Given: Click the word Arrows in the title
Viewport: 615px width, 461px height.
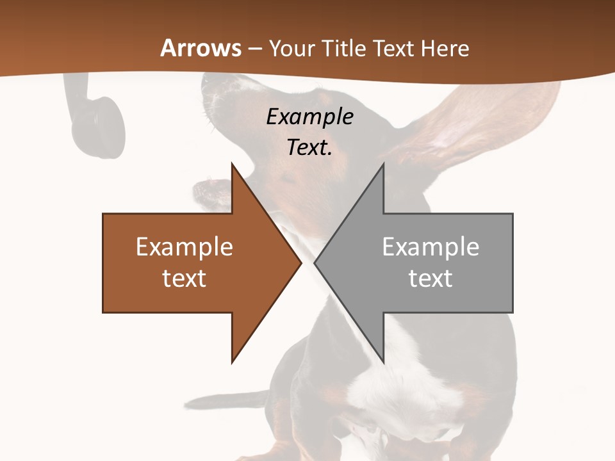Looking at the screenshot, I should pos(201,48).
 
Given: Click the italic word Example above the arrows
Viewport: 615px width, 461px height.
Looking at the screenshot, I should pos(309,117).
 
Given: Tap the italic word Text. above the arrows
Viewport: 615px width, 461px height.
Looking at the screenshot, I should pos(309,147).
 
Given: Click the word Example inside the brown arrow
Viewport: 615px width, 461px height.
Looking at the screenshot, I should pos(184,247).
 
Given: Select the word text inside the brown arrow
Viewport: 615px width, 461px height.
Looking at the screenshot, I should pos(184,279).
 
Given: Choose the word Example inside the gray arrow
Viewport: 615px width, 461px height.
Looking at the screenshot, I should pos(430,247).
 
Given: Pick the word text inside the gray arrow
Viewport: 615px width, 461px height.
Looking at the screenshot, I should pos(430,279).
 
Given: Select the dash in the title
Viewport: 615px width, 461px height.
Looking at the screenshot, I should pos(254,49).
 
